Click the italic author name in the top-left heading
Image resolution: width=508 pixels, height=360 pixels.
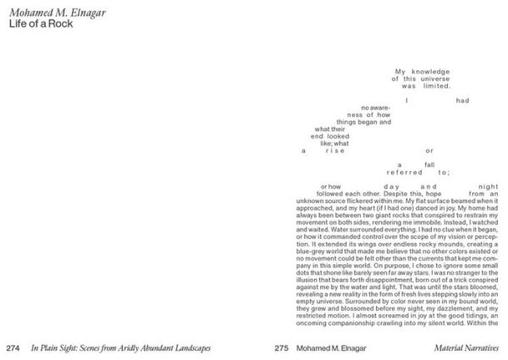tap(49, 12)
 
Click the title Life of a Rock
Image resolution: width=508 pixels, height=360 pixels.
tap(38, 24)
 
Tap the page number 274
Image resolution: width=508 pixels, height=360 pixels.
tap(13, 348)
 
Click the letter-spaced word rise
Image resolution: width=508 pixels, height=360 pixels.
tap(334, 150)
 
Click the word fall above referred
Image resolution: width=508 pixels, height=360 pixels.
tap(429, 164)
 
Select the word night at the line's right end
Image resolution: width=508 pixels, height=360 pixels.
tap(489, 186)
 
